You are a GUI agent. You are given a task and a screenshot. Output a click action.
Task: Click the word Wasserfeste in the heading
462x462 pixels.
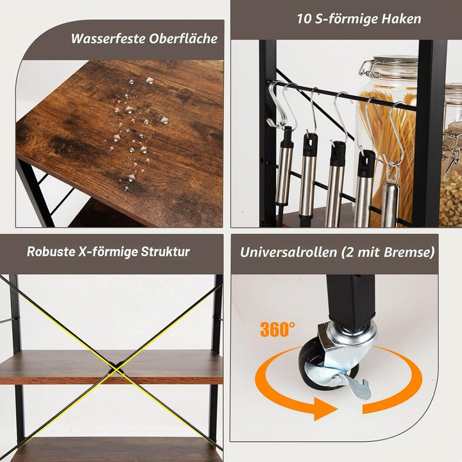coord(108,38)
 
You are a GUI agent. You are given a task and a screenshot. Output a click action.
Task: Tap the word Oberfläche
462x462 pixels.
coord(184,38)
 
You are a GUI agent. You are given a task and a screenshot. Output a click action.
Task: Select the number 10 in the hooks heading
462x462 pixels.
coord(304,19)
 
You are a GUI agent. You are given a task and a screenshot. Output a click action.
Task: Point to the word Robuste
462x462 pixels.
coord(51,252)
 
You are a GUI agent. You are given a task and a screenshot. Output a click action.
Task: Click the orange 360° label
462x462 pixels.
coord(278,329)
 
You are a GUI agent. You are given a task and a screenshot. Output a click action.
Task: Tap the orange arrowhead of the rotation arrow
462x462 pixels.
coord(325,409)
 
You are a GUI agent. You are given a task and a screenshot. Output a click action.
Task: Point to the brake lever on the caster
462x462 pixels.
coord(358,386)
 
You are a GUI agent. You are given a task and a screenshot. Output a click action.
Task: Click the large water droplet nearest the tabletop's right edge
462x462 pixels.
coord(164,120)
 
